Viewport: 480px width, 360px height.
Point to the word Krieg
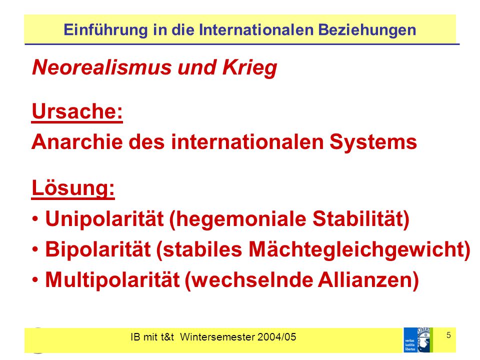pyautogui.click(x=250, y=67)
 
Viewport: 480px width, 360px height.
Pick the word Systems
pyautogui.click(x=373, y=142)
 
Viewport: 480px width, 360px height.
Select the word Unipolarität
pyautogui.click(x=104, y=219)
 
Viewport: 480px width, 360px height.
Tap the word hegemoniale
pyautogui.click(x=237, y=219)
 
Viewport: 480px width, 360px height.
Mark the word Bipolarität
pyautogui.click(x=98, y=249)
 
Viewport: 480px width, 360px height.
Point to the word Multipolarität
pyautogui.click(x=112, y=280)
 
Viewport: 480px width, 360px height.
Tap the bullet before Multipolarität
pyautogui.click(x=35, y=280)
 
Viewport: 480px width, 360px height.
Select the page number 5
pyautogui.click(x=448, y=335)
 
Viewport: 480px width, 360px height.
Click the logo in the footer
pyautogui.click(x=418, y=340)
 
